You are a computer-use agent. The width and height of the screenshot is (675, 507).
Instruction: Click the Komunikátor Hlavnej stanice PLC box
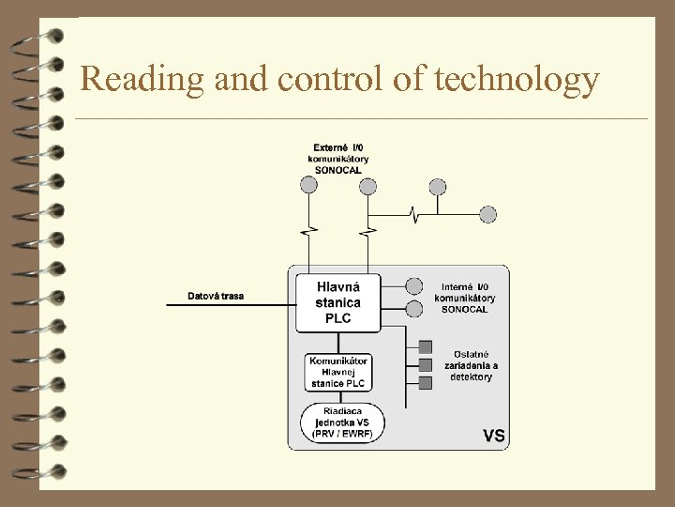(x=338, y=372)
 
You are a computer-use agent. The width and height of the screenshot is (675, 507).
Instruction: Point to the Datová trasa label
(x=216, y=297)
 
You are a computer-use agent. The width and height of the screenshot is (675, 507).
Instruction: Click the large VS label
(x=494, y=436)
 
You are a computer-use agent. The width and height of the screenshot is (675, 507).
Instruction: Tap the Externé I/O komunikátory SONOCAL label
(x=338, y=159)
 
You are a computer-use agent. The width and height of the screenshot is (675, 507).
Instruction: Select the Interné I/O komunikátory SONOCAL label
(x=465, y=298)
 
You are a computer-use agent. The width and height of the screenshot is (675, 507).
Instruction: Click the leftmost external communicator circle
(x=308, y=186)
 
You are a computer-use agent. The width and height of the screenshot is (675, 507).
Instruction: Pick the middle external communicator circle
(x=368, y=186)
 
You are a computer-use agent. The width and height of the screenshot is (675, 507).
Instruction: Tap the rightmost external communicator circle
(x=438, y=186)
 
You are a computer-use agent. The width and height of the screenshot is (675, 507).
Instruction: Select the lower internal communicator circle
(x=413, y=307)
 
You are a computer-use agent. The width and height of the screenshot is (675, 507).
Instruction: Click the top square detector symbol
(x=426, y=346)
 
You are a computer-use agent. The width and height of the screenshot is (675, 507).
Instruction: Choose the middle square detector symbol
(x=426, y=364)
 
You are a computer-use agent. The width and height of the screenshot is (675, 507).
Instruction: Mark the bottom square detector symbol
(x=426, y=382)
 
